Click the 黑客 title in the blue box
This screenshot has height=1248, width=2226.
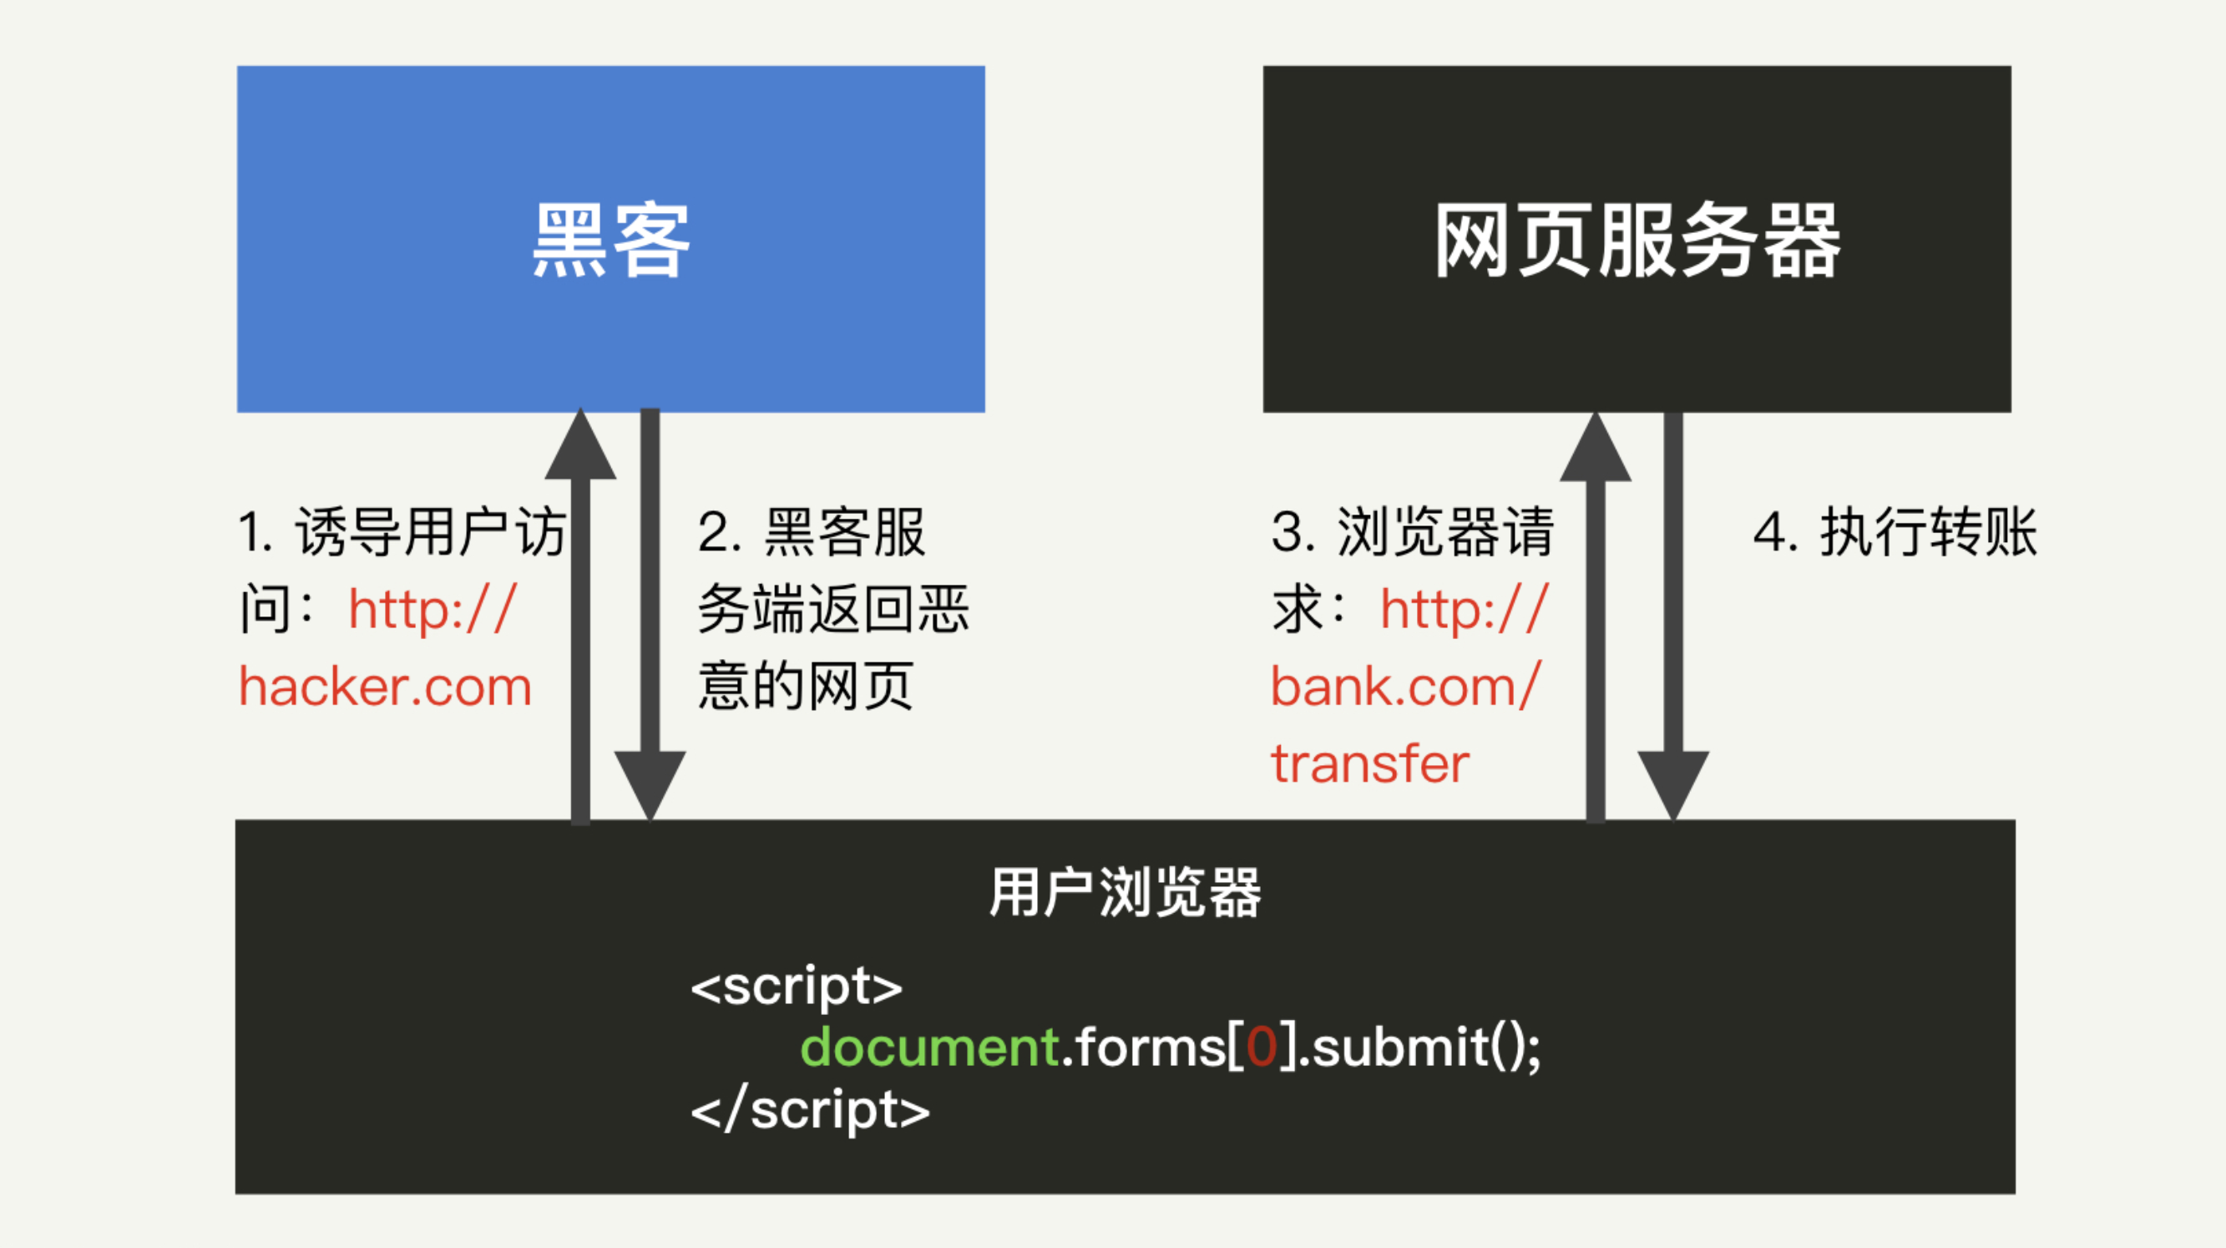click(x=611, y=241)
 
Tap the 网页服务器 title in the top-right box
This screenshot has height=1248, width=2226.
click(x=1637, y=241)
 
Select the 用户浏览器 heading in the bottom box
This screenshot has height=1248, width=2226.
click(x=1125, y=892)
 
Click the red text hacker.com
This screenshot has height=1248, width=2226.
click(x=386, y=687)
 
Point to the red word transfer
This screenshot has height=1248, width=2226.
click(x=1369, y=764)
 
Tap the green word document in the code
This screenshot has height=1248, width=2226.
click(x=930, y=1048)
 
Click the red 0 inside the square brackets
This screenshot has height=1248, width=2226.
click(x=1262, y=1048)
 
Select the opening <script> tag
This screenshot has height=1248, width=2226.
click(x=796, y=987)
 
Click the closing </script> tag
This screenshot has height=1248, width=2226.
click(x=810, y=1110)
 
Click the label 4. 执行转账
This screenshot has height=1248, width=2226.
click(x=1895, y=531)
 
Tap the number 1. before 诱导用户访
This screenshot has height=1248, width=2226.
click(x=255, y=531)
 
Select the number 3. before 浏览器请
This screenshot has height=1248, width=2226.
click(x=1292, y=531)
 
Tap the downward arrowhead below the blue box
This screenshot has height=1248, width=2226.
click(x=650, y=782)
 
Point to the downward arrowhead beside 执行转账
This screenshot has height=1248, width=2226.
click(x=1673, y=782)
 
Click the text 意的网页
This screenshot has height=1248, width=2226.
click(x=806, y=687)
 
